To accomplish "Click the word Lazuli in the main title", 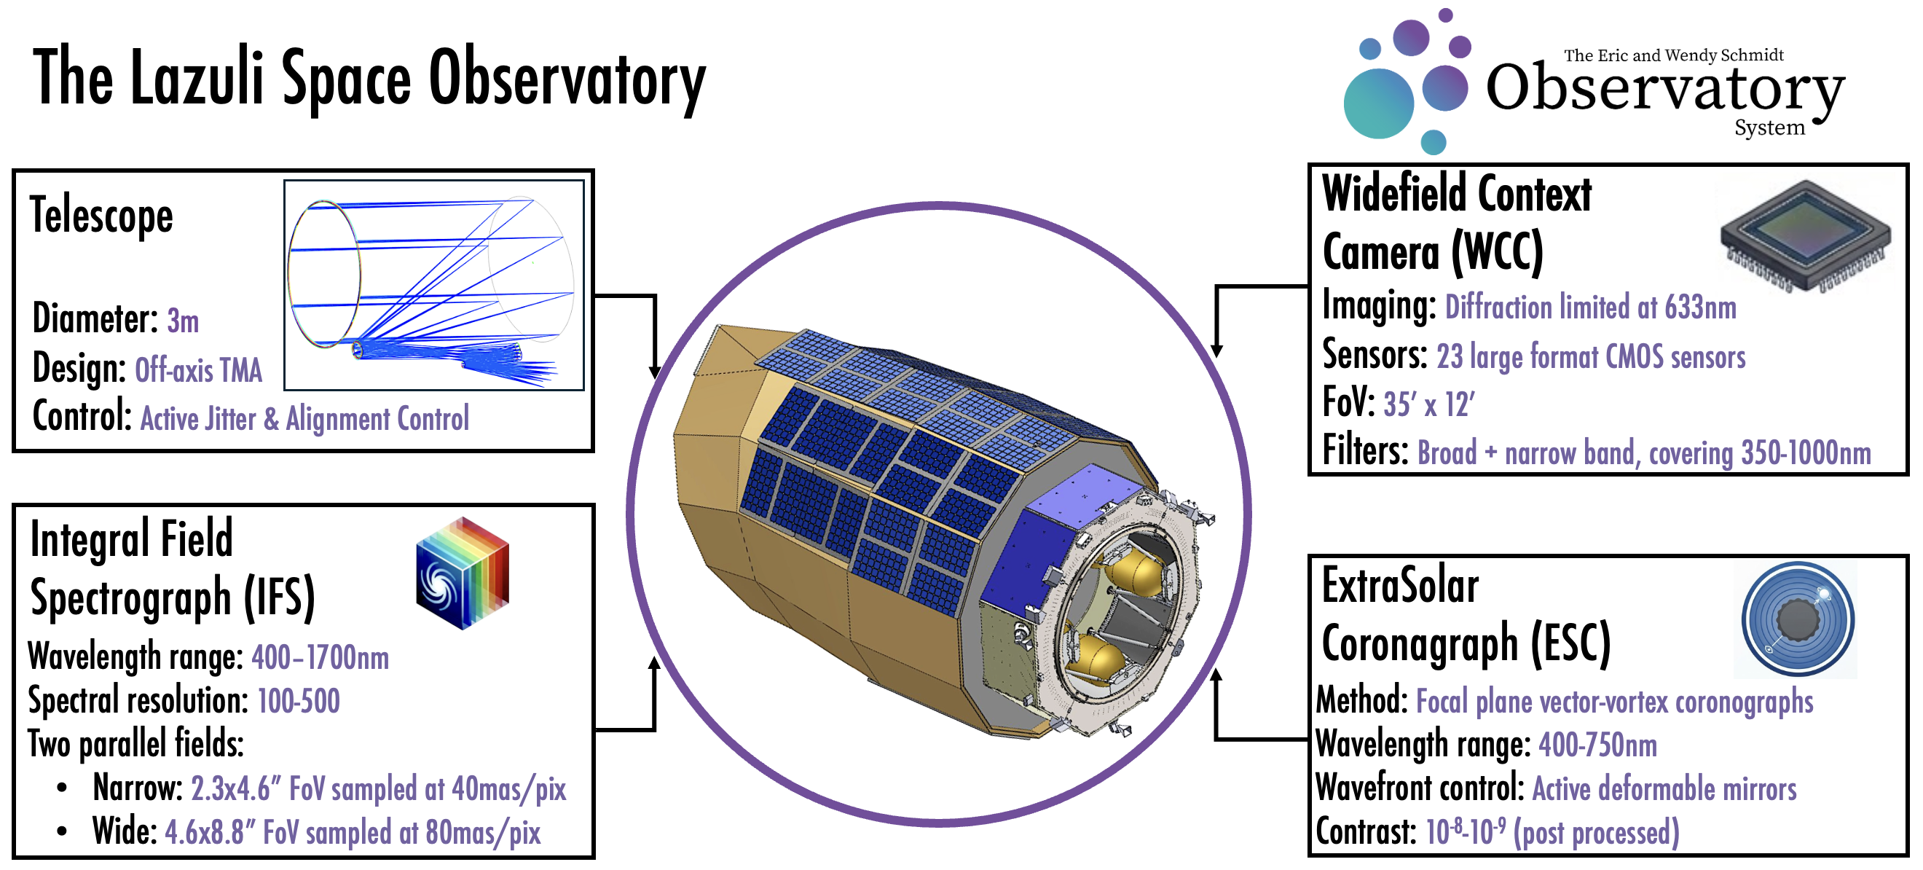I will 197,78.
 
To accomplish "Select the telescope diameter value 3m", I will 183,321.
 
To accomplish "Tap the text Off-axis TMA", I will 199,370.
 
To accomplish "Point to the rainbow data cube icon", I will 463,573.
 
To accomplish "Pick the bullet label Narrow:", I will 138,788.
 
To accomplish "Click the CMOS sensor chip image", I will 1805,235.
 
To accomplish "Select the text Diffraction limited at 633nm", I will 1591,307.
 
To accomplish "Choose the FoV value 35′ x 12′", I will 1429,404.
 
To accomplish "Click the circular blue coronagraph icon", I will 1798,620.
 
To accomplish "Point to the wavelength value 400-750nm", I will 1597,745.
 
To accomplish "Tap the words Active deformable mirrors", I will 1664,789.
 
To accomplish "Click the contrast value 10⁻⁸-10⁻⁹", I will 1465,832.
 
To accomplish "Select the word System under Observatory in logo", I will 1769,128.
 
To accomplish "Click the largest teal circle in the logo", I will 1378,103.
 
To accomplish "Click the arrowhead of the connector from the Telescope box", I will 655,372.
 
